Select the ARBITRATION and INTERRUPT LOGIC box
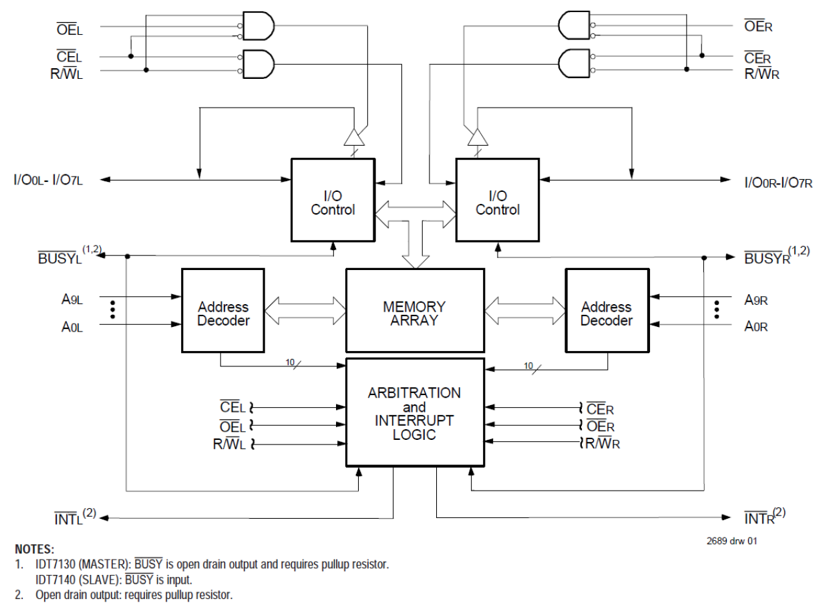[414, 412]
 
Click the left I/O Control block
[333, 200]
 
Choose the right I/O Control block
[497, 200]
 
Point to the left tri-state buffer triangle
[353, 137]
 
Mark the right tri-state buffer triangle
[478, 137]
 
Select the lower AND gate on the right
[574, 63]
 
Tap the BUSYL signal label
[60, 258]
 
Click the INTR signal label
[760, 517]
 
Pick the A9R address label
[756, 300]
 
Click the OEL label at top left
[69, 28]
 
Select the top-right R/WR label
[762, 73]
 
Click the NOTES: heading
[35, 549]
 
